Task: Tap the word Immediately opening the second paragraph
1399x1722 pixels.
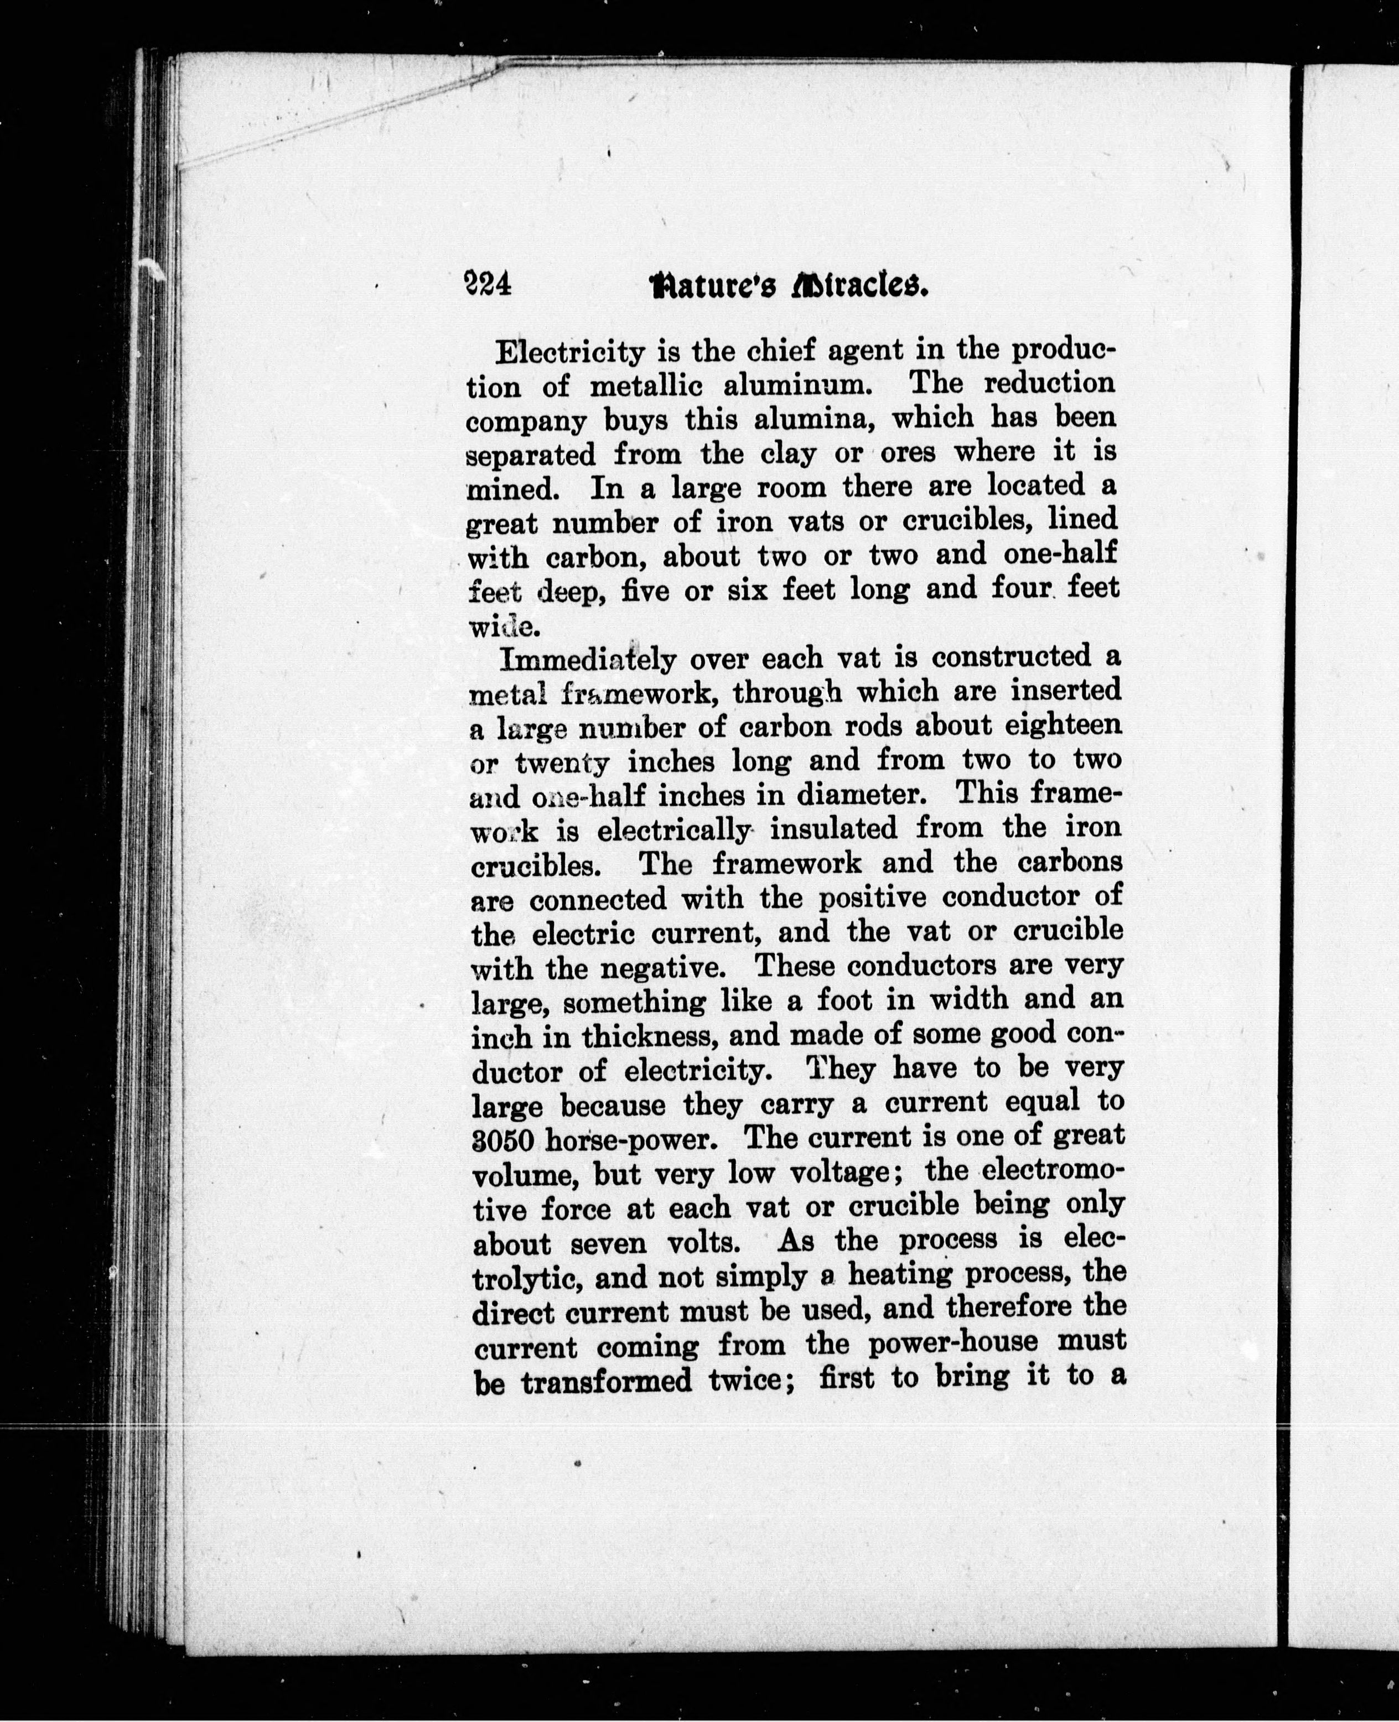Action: (588, 659)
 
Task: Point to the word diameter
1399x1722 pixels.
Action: (857, 795)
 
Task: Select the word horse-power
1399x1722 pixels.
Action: (636, 1141)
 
